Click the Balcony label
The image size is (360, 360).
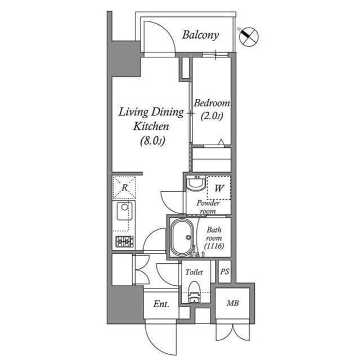200,35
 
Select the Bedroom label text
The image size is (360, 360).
211,103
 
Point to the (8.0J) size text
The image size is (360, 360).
152,141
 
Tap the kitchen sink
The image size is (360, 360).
125,214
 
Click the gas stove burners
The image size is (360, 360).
124,241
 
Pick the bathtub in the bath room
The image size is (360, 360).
182,237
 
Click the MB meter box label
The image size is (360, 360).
232,304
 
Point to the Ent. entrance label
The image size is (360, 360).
161,304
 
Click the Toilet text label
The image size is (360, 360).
194,272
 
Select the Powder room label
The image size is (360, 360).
208,206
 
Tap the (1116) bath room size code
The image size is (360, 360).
214,246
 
